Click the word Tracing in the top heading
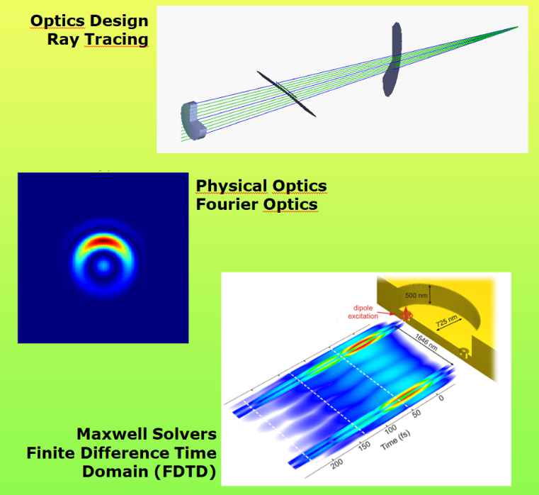click(x=117, y=39)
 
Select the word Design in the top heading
click(x=119, y=21)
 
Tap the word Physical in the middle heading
click(x=232, y=187)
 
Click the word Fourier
click(x=227, y=204)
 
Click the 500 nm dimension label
click(x=416, y=295)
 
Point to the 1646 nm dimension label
click(x=426, y=342)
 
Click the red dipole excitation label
click(x=363, y=312)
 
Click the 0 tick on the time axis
click(x=441, y=399)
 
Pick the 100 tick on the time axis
click(x=390, y=429)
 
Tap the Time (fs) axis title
click(x=395, y=440)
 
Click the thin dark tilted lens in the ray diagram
click(x=286, y=94)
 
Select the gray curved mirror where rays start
click(x=193, y=121)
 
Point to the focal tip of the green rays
click(x=517, y=27)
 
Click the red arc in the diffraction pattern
click(x=102, y=241)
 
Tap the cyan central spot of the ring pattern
click(x=103, y=266)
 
